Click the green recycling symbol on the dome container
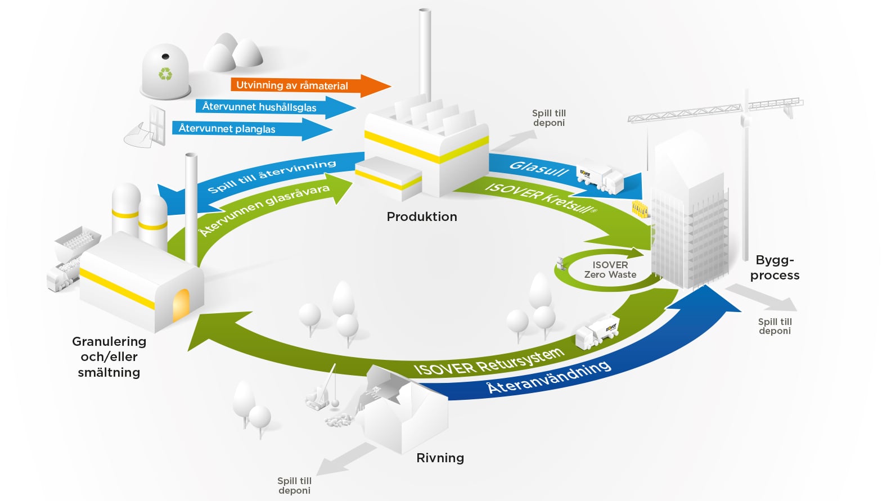pyautogui.click(x=165, y=74)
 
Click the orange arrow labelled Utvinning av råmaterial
pyautogui.click(x=310, y=85)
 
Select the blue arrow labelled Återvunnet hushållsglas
pyautogui.click(x=275, y=107)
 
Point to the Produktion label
pyautogui.click(x=422, y=216)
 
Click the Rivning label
pyautogui.click(x=440, y=458)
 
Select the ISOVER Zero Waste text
pyautogui.click(x=610, y=270)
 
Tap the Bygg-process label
pyautogui.click(x=775, y=268)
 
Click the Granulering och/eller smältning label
pyautogui.click(x=109, y=356)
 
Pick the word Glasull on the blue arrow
pyautogui.click(x=539, y=169)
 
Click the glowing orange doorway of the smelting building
pyautogui.click(x=181, y=305)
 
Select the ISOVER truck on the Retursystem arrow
pyautogui.click(x=597, y=332)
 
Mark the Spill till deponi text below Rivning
pyautogui.click(x=294, y=486)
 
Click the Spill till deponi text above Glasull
pyautogui.click(x=549, y=118)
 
